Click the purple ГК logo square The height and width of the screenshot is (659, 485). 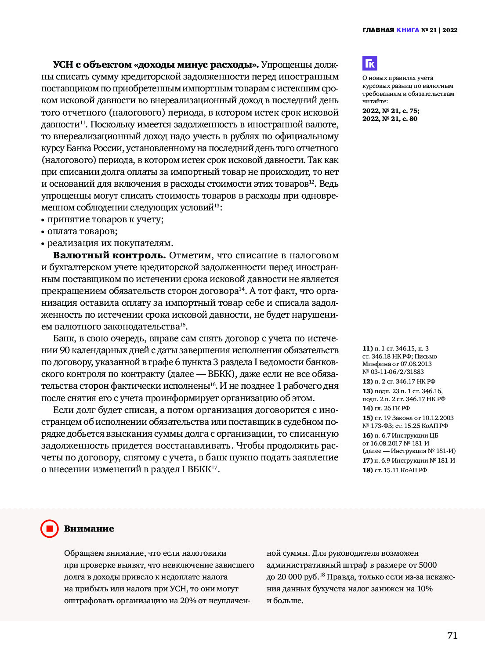click(x=370, y=63)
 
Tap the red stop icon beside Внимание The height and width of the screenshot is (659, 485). click(x=49, y=529)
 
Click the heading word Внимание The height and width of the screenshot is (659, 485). click(x=89, y=529)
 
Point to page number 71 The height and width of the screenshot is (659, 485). click(x=452, y=635)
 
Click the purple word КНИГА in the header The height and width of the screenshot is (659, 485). click(x=408, y=30)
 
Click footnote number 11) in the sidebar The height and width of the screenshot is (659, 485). click(x=367, y=348)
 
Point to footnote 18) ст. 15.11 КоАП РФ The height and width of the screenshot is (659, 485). click(x=395, y=470)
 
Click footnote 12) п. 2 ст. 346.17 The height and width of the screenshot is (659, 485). click(x=399, y=381)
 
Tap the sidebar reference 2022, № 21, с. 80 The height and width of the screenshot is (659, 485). click(x=390, y=119)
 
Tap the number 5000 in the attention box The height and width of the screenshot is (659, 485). click(x=427, y=565)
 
